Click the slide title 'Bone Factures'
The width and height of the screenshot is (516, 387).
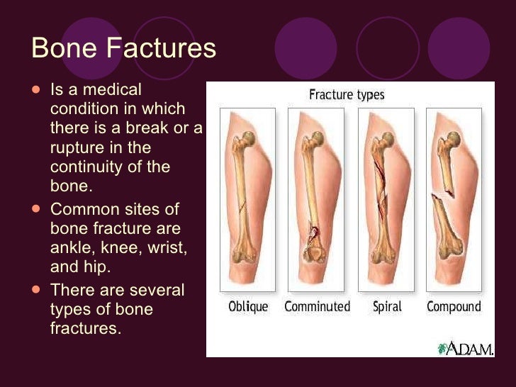124,49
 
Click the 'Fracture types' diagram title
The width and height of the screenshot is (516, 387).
347,94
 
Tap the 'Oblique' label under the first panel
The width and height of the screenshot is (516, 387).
247,307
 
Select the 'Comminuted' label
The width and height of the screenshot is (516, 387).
317,307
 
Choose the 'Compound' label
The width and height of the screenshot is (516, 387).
454,307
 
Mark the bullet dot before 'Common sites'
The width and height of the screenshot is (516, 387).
37,210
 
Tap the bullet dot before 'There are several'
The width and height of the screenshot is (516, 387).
37,291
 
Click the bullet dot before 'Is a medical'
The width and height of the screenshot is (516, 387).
37,91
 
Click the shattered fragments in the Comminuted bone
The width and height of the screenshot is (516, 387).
312,237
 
